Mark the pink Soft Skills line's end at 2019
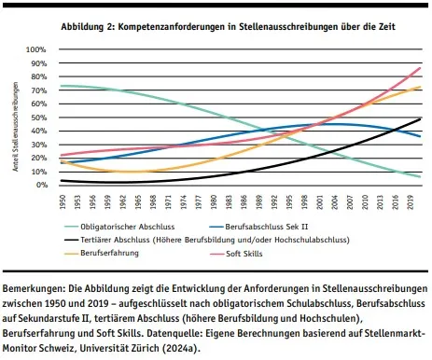[x=419, y=68]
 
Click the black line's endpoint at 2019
[x=419, y=119]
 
